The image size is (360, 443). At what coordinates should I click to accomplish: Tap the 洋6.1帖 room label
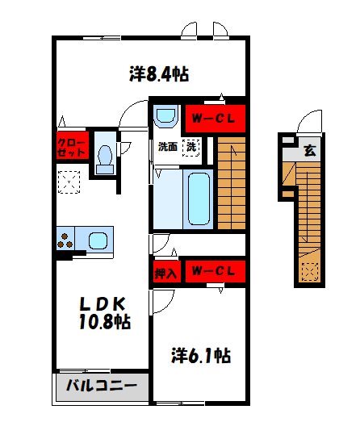201,355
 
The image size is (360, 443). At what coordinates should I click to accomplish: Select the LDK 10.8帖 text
103,313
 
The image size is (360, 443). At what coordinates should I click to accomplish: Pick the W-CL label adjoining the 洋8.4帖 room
213,120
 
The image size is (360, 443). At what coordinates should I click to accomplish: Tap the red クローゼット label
69,148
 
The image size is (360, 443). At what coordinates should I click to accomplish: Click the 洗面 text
167,148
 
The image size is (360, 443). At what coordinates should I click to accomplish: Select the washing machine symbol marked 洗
191,148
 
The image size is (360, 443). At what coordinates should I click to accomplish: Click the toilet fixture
105,157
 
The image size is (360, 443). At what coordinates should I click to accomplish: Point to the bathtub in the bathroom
197,197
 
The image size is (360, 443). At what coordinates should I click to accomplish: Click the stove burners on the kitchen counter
65,240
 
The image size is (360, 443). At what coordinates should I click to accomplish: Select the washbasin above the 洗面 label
166,116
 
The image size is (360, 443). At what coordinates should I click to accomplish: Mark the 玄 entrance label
310,150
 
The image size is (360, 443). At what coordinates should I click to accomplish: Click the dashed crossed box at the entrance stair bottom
310,273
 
